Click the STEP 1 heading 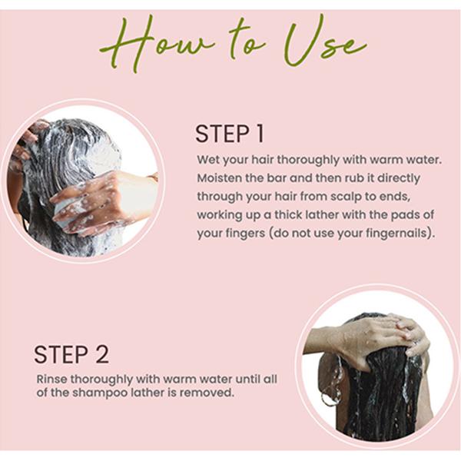pos(229,134)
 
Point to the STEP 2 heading pos(71,354)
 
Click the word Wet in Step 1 pos(207,161)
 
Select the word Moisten pos(220,178)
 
